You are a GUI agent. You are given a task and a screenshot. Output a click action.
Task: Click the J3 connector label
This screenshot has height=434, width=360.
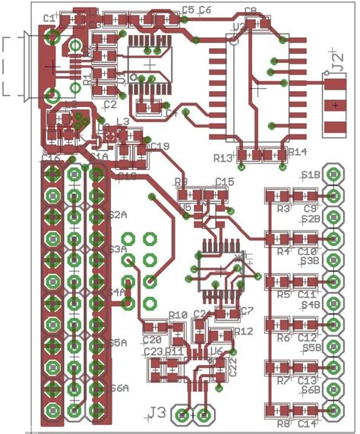(157, 413)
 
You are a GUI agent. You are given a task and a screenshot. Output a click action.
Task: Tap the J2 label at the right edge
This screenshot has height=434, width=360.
(335, 59)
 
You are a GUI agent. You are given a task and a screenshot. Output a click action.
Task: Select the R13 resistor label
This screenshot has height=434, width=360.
(223, 159)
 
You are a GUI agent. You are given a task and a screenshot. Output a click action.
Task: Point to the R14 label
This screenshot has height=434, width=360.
(298, 152)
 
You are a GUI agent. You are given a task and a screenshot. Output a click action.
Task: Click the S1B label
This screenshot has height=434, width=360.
(310, 175)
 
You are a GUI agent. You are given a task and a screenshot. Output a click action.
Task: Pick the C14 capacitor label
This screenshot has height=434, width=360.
(307, 423)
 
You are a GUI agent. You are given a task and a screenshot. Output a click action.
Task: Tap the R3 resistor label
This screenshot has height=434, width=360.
(284, 208)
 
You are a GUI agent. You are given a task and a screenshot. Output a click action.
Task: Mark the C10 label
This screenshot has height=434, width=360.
(307, 251)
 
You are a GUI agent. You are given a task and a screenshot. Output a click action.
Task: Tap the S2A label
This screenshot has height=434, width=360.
(118, 215)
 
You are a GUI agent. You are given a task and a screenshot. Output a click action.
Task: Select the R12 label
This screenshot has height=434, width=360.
(243, 332)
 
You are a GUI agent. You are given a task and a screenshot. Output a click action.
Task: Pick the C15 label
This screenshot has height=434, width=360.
(225, 181)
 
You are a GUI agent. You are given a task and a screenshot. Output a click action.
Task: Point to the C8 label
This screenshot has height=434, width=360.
(250, 11)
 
